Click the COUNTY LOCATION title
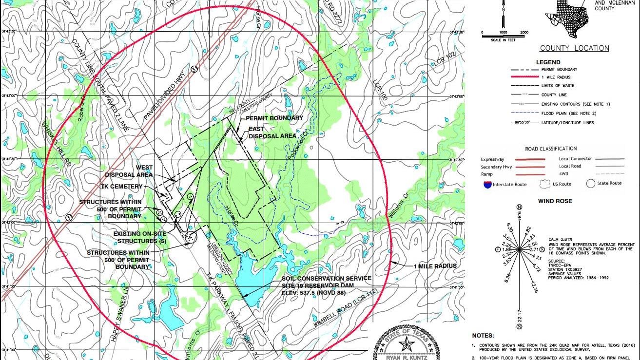pyautogui.click(x=574, y=48)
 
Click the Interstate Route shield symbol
pyautogui.click(x=487, y=184)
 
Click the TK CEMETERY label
pyautogui.click(x=122, y=187)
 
